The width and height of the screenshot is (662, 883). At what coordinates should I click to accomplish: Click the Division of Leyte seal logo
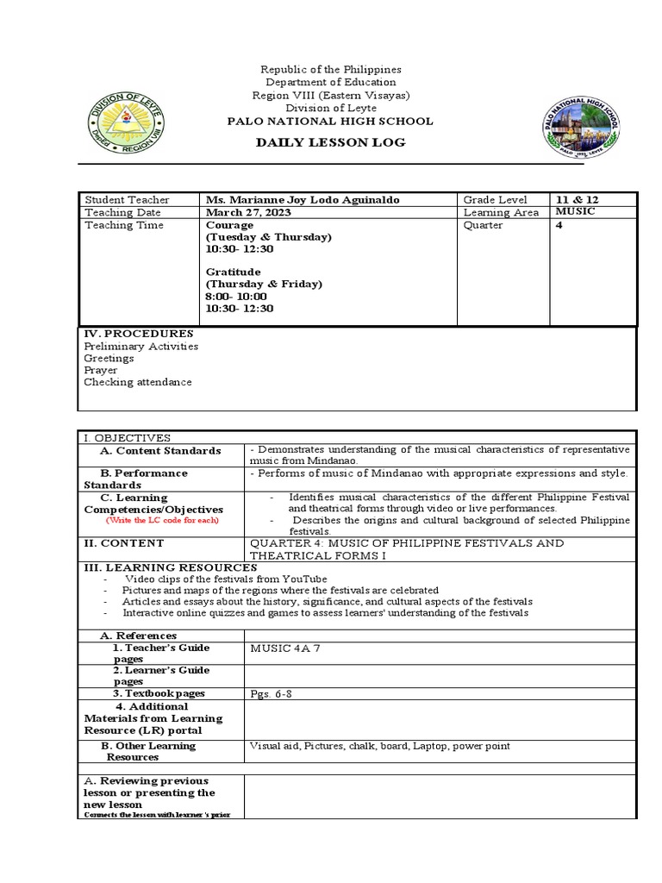127,126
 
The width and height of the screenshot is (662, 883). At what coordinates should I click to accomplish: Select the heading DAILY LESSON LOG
330,142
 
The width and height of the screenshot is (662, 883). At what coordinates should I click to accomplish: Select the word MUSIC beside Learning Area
574,212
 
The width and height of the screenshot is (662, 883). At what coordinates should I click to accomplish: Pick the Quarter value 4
559,225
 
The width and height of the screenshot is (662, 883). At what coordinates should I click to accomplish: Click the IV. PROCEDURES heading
138,334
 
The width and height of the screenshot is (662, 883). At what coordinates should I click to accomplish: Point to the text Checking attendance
138,382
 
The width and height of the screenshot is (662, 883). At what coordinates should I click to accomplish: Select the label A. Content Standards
160,451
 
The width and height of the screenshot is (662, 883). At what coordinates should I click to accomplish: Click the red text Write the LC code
162,521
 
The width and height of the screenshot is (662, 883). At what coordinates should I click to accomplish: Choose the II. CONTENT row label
123,544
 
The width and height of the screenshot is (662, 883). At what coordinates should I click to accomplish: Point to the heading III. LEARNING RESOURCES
170,567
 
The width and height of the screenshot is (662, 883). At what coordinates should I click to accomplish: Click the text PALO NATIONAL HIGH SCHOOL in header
330,122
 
